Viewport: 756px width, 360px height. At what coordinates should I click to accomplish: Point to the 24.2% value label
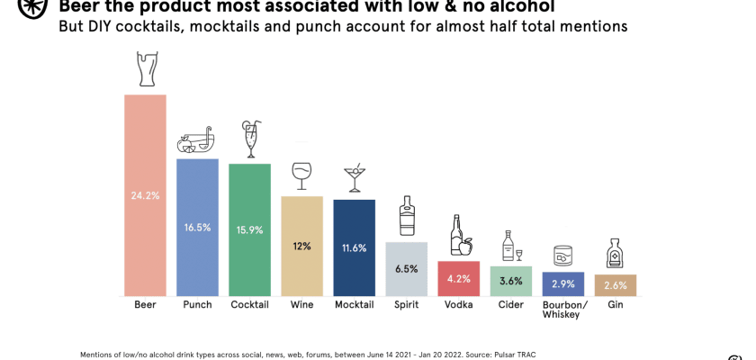click(145, 195)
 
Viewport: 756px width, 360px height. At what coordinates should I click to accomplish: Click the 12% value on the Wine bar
click(301, 246)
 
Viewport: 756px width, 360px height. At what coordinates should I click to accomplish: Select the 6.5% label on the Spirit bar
click(406, 268)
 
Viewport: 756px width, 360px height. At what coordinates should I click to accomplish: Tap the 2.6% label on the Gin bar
click(615, 285)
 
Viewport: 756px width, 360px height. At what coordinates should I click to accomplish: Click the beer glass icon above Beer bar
click(145, 69)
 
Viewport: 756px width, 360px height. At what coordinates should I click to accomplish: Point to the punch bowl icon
click(195, 139)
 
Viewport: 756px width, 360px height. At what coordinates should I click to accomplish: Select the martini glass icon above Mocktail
click(355, 177)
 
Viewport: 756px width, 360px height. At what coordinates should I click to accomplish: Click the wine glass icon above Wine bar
click(301, 175)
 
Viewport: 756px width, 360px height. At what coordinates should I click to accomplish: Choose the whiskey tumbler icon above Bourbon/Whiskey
click(562, 255)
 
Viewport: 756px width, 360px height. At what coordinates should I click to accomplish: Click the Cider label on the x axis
click(510, 305)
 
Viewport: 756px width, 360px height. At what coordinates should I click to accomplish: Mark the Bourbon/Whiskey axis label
click(564, 310)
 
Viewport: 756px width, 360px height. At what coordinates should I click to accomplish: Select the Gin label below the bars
click(616, 305)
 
